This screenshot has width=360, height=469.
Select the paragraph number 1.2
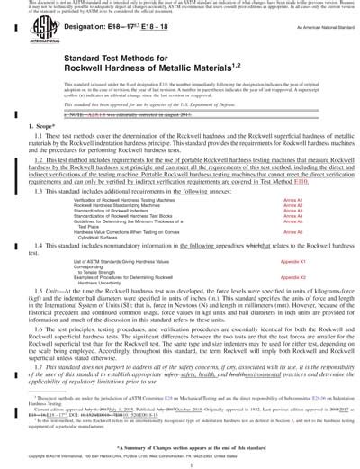tap(35, 182)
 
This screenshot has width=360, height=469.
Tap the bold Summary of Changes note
tap(180, 447)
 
